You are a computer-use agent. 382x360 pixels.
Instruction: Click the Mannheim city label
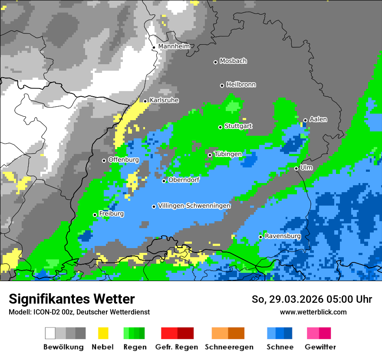174,46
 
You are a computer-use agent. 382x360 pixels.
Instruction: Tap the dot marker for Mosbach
215,62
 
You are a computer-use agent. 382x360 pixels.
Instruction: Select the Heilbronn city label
241,85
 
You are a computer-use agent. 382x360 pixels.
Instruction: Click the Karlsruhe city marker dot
145,101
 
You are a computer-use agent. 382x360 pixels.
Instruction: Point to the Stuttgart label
238,126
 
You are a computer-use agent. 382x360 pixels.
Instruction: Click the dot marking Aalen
305,120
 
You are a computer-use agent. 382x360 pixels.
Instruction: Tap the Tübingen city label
228,154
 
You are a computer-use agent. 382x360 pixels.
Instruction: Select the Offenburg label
123,160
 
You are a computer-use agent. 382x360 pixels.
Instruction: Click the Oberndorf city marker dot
164,181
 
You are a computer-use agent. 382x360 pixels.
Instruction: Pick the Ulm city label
306,167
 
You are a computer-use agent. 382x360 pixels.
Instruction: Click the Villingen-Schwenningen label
194,206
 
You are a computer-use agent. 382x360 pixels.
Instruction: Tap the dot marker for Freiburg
95,215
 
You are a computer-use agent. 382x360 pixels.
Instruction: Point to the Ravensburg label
283,236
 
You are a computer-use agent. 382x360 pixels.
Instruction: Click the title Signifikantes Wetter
72,299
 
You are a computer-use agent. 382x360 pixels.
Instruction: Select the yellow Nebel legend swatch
103,333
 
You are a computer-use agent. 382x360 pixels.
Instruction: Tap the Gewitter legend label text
320,347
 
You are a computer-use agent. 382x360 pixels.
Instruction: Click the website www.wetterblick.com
313,312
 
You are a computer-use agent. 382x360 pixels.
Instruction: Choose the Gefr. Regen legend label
177,347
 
